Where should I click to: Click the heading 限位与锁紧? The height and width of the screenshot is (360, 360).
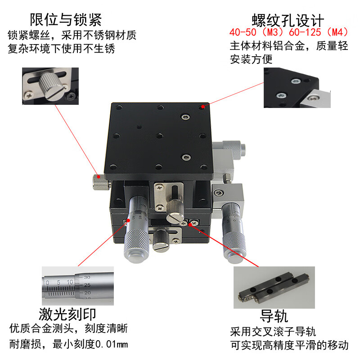pos(66,20)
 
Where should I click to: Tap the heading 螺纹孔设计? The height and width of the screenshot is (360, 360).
pos(288,21)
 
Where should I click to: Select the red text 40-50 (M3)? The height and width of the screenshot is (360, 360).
pos(256,32)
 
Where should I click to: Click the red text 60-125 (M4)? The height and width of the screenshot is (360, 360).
pos(319,32)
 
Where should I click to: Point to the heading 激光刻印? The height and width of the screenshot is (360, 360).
pos(67,314)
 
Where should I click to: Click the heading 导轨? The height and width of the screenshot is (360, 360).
pos(274,316)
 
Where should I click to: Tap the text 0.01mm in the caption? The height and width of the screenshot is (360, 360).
pos(112,344)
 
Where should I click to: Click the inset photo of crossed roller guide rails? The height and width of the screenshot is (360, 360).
pos(274,287)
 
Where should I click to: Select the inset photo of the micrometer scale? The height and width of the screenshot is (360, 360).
pos(78,286)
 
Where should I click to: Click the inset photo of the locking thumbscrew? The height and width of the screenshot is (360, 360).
pos(50,86)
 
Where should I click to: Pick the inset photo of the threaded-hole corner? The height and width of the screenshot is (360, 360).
pos(297,88)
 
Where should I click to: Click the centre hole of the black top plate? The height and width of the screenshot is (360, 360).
pos(160,136)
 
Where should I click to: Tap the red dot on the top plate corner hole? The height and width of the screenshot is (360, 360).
pos(203,107)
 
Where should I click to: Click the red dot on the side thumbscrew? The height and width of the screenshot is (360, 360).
pos(99,177)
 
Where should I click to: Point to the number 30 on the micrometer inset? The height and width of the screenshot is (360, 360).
pos(87,277)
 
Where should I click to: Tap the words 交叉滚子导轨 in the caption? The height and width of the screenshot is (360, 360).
pos(284,332)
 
